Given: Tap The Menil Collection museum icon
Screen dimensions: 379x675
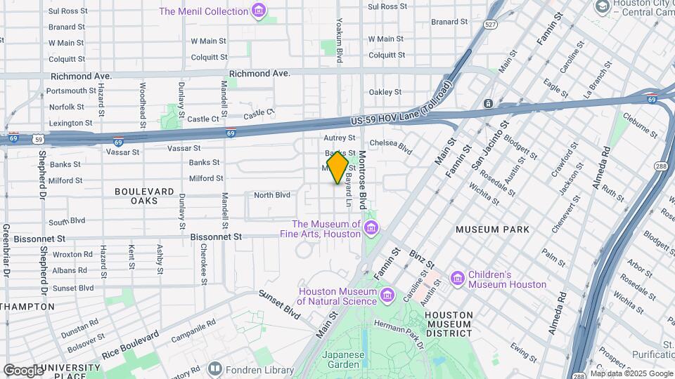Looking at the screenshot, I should [x=259, y=11].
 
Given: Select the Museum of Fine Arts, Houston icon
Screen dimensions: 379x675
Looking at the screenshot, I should [x=371, y=228].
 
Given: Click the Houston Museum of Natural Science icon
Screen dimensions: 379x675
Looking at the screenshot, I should [x=387, y=296].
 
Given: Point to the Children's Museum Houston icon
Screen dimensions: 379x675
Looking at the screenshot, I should [x=458, y=279].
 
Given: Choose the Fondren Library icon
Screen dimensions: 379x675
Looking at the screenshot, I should [x=215, y=368].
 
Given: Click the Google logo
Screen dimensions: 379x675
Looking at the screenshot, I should [x=23, y=370].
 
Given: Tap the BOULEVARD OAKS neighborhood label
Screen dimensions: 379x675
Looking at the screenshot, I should [x=144, y=196].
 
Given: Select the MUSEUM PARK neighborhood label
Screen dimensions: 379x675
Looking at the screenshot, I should [x=492, y=230].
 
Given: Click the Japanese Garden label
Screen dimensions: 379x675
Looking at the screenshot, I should [x=344, y=360].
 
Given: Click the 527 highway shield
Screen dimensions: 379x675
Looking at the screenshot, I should [x=491, y=24].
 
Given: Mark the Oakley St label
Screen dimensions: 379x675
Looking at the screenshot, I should [x=385, y=92].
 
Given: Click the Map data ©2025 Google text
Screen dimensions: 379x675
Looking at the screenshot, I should [x=631, y=373].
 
